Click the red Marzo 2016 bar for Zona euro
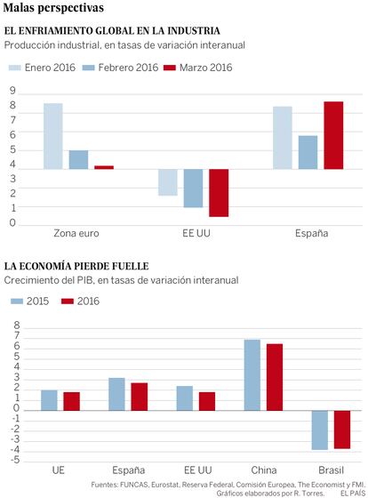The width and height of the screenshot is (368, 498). point(104,167)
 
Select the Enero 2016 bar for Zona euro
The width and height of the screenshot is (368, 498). point(53,136)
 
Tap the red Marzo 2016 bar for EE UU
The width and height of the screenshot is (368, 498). point(219,193)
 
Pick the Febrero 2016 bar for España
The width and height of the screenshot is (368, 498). point(308,152)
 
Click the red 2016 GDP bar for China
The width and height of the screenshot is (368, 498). point(275,377)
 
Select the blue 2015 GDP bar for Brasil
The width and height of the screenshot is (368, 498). point(320,430)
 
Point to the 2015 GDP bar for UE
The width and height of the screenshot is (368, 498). point(49,400)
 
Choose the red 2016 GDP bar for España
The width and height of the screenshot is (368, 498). point(140,397)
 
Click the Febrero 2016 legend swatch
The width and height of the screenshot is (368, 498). point(89,68)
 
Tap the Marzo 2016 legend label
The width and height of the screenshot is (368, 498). point(205,68)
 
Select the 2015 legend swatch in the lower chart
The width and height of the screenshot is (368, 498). point(17,301)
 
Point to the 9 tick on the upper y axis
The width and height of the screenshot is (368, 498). point(12,91)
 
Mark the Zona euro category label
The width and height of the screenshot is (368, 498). point(76,233)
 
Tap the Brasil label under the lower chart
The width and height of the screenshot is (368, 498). point(331,470)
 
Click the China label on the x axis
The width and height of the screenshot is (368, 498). point(264,470)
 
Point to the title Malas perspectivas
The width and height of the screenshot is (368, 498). point(53,8)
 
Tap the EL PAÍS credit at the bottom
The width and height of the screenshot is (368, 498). point(353,494)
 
